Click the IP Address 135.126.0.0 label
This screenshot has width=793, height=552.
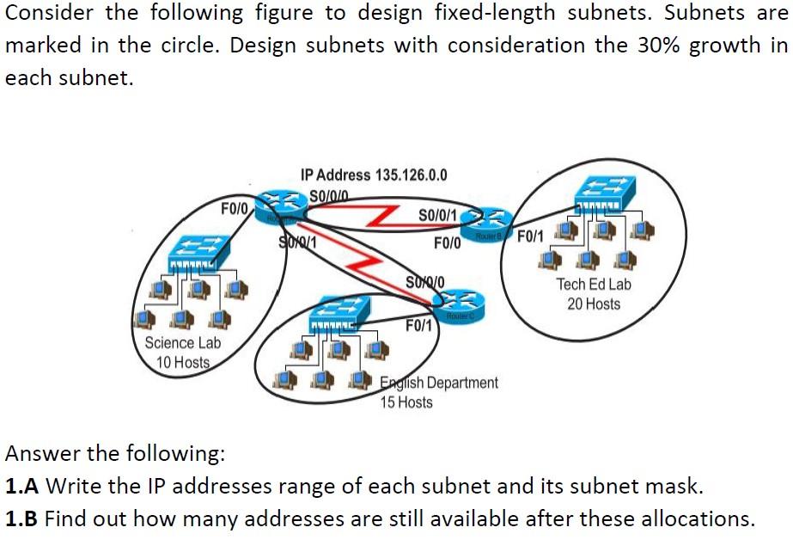point(374,175)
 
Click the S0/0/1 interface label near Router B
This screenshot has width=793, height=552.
point(441,214)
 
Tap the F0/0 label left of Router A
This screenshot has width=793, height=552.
point(234,208)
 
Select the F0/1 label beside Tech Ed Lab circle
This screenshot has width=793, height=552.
point(530,234)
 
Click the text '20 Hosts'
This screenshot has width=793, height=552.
point(593,304)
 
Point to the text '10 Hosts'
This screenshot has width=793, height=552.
point(183,362)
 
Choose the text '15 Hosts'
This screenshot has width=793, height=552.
point(406,402)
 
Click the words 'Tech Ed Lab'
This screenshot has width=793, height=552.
point(594,284)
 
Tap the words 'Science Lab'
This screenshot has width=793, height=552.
point(182,343)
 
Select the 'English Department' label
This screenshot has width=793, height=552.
point(439,383)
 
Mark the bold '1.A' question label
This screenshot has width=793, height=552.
point(22,487)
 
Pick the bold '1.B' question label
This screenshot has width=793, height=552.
point(22,519)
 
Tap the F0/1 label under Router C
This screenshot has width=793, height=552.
point(418,326)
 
